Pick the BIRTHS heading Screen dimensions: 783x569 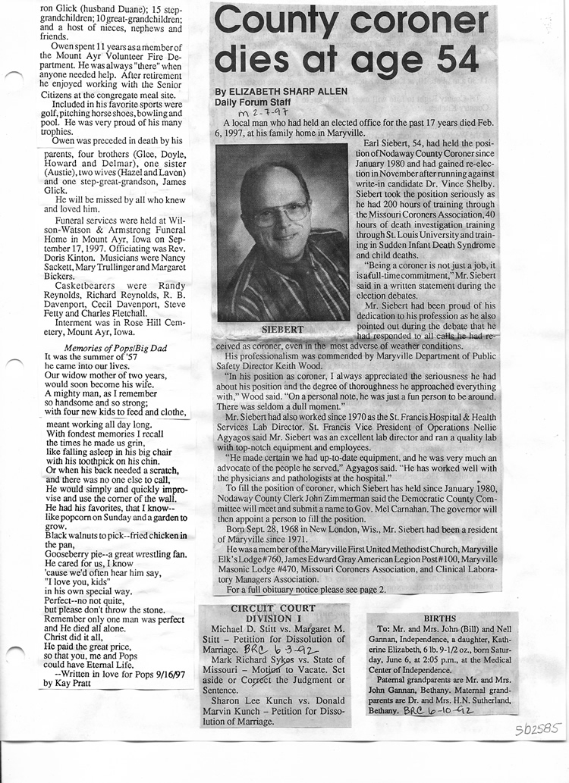coord(440,619)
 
